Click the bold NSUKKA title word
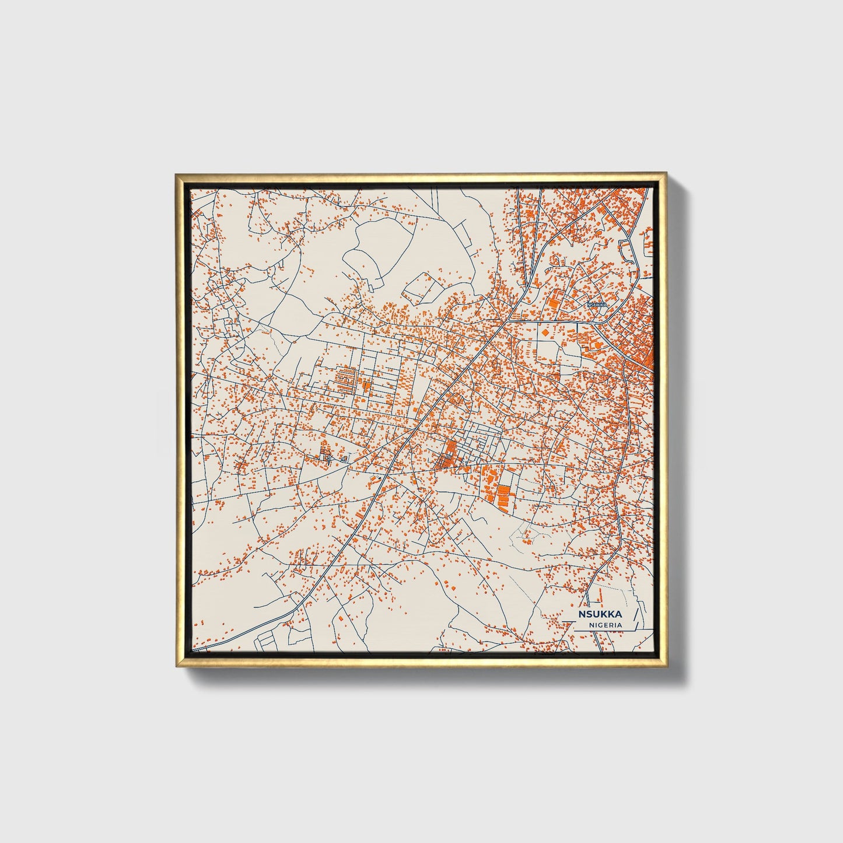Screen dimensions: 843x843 click(x=600, y=614)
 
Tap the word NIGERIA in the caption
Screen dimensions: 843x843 click(x=605, y=625)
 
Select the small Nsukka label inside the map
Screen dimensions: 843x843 click(x=597, y=305)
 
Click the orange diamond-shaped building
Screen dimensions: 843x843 click(x=545, y=331)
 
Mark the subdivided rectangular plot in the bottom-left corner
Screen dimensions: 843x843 click(x=265, y=639)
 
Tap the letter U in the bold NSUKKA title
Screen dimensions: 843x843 click(x=596, y=614)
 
